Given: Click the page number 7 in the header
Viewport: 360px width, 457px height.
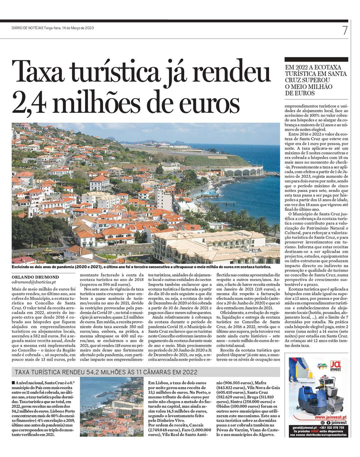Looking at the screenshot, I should tap(345, 30).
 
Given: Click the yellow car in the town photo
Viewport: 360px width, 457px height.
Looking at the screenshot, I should tap(47, 250).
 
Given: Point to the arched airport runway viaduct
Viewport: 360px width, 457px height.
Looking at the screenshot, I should tap(244, 171).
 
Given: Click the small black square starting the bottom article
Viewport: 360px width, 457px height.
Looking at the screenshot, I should tap(14, 382).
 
